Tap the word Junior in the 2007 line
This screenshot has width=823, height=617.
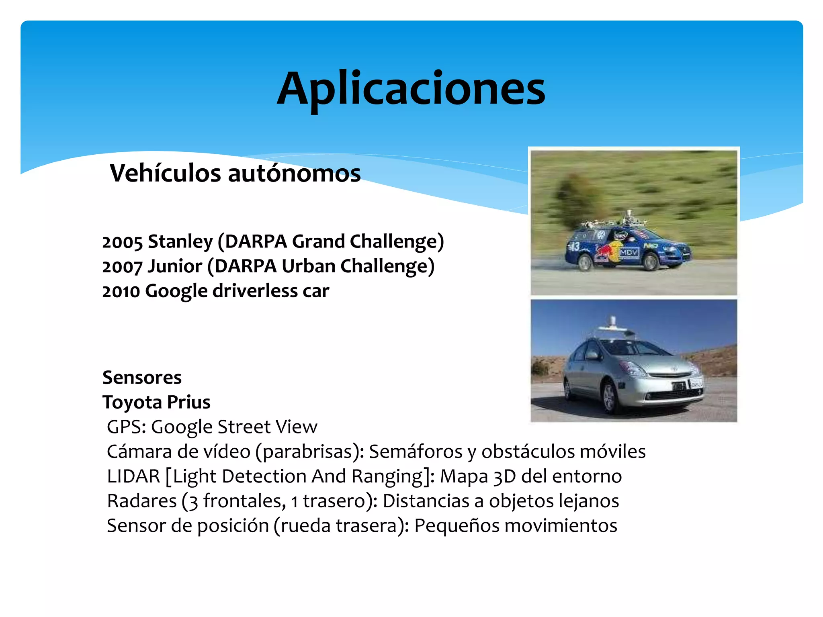click(175, 267)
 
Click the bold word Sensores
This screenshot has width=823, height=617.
click(142, 378)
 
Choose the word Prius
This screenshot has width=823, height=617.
click(188, 402)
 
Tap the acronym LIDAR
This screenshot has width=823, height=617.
click(133, 476)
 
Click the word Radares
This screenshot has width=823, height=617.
click(141, 501)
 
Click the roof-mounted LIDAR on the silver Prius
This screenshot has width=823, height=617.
click(612, 323)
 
